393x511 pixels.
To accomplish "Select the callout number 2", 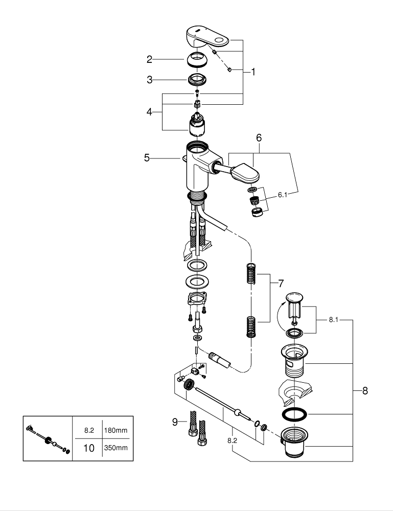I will (149, 60).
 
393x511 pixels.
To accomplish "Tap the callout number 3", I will (149, 80).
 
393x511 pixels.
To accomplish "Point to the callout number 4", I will (149, 112).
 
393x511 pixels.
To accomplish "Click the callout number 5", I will (147, 158).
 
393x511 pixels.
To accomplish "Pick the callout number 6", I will (259, 138).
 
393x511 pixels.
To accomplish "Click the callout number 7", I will (281, 283).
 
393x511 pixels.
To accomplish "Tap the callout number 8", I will (365, 391).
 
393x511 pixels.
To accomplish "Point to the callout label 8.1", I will (333, 320).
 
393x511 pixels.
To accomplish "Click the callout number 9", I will (175, 422).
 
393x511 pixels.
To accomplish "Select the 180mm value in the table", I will (115, 431).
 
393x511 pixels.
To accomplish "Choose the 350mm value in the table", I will (115, 448).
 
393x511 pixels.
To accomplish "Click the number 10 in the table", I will (88, 448).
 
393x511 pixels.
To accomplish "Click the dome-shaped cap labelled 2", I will (197, 60).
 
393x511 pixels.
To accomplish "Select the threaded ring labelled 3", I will (197, 80).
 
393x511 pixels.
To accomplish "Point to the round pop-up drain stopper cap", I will (294, 298).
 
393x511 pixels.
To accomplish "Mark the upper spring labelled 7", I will (250, 274).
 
